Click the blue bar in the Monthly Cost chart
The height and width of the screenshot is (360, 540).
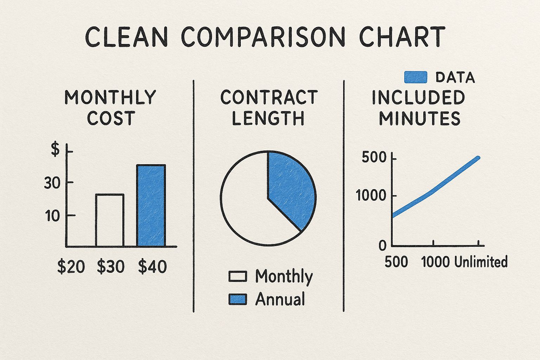click(x=151, y=206)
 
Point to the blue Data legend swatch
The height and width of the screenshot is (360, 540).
click(x=416, y=77)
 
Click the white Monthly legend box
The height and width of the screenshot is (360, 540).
click(x=238, y=277)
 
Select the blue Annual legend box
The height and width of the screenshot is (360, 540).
click(x=238, y=299)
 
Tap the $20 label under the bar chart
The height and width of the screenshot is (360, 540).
click(x=71, y=267)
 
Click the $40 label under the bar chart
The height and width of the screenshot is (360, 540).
click(x=152, y=267)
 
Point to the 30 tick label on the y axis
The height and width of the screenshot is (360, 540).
click(x=52, y=183)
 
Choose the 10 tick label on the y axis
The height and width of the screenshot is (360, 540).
click(x=53, y=216)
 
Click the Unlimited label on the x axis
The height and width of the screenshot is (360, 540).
click(x=481, y=262)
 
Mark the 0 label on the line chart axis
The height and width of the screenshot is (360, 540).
click(x=383, y=246)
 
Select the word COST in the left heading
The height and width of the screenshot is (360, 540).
click(x=111, y=118)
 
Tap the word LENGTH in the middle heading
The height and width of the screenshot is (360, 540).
click(x=268, y=118)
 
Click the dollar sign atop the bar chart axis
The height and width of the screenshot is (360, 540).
click(x=56, y=149)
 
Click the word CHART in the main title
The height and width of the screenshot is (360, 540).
click(x=402, y=37)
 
